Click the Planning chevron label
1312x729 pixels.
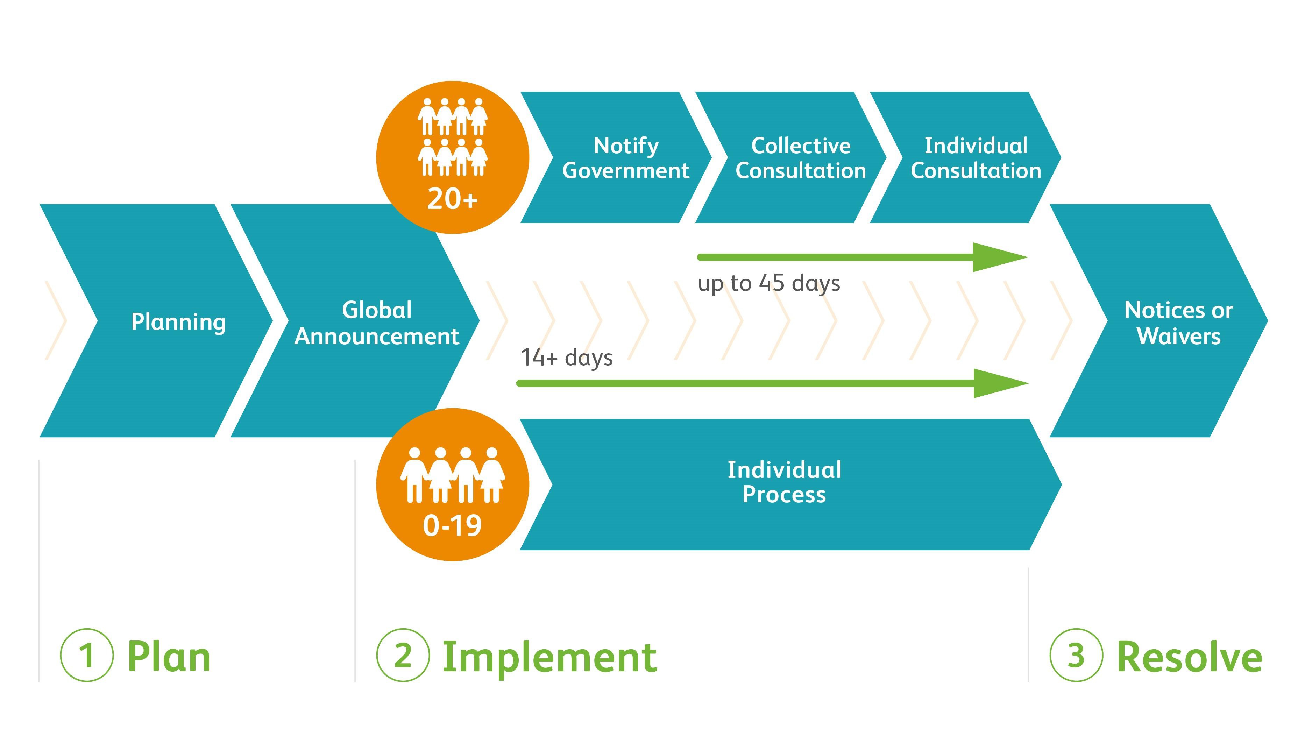178,322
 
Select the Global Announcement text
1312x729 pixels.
377,323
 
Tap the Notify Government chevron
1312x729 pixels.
625,158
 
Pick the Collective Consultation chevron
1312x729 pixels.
801,158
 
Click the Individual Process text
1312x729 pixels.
784,482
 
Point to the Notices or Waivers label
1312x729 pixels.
1178,323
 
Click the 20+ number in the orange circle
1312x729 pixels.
452,199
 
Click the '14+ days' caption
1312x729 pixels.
566,358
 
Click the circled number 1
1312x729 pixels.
87,655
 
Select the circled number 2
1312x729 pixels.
403,655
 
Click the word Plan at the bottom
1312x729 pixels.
169,657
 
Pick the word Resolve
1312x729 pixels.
1189,657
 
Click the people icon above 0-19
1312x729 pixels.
452,475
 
